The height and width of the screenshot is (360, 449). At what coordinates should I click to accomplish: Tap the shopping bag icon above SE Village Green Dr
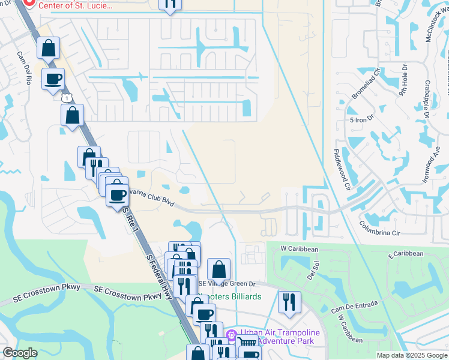pos(219,271)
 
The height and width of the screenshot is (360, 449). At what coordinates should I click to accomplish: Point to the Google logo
pos(20,353)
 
